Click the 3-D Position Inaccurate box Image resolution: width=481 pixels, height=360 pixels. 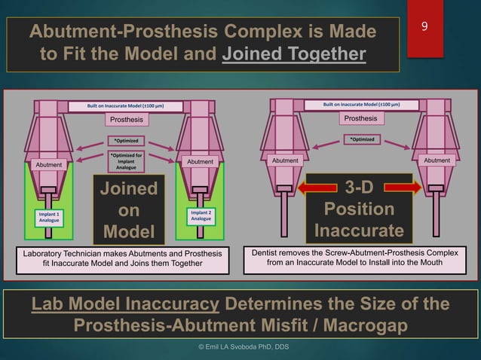click(359, 209)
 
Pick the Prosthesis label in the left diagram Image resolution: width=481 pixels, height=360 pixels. click(127, 119)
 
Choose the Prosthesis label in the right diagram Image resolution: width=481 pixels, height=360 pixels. click(360, 118)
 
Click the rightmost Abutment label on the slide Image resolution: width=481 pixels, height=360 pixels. click(437, 160)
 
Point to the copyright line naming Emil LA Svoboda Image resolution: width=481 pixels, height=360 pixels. click(241, 346)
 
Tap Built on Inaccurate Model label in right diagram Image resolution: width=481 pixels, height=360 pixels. click(361, 105)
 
